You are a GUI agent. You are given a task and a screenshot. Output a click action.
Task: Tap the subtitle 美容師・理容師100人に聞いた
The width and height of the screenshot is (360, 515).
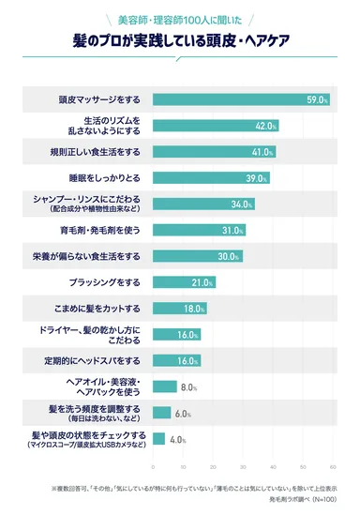179,19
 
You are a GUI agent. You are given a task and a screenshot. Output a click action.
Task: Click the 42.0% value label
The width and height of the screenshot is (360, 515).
265,126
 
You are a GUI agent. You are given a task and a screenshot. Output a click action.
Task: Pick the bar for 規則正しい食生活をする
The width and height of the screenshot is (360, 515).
213,152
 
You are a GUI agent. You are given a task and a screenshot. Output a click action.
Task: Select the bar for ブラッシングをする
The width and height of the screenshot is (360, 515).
183,282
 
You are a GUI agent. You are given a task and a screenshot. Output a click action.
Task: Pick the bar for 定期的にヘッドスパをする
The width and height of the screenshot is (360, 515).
176,361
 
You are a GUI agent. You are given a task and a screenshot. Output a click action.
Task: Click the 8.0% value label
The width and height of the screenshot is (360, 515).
187,386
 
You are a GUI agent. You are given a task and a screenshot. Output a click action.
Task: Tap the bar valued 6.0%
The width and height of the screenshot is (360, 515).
161,413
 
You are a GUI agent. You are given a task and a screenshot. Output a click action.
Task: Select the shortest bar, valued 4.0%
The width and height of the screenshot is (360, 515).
158,439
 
